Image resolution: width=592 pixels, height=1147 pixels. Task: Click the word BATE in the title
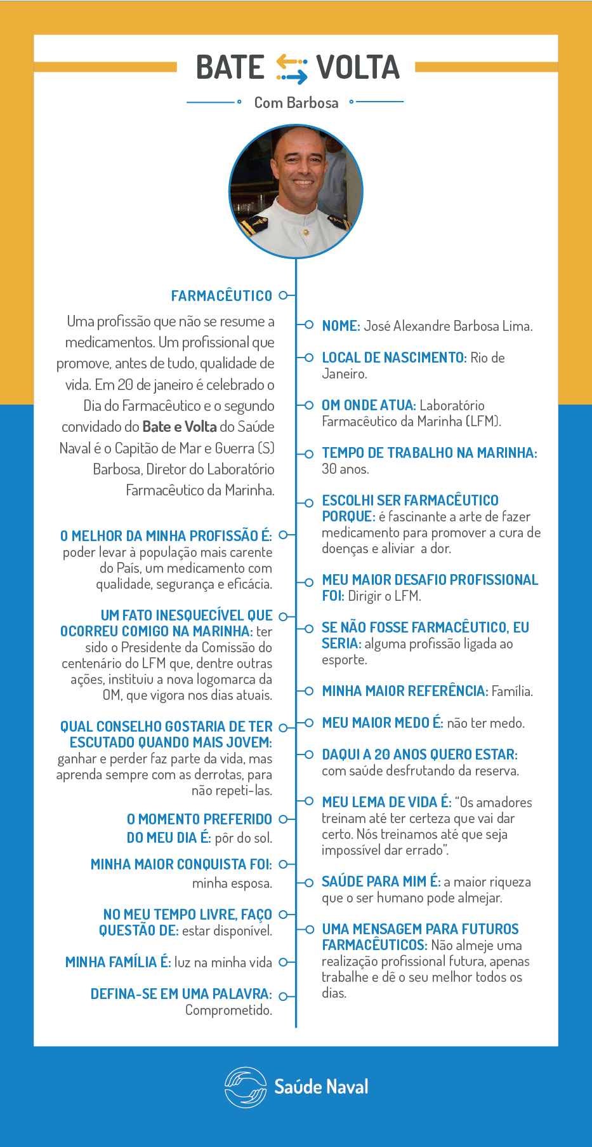click(x=230, y=67)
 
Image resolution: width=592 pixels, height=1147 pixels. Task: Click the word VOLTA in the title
click(x=358, y=67)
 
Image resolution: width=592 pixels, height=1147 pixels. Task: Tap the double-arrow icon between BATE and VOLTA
click(x=291, y=69)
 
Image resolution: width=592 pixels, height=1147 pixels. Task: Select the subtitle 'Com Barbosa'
click(x=296, y=103)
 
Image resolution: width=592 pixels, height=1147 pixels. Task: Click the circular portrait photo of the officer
click(x=296, y=191)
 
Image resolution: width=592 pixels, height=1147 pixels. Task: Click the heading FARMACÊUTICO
click(x=221, y=296)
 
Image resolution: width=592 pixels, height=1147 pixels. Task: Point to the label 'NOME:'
click(x=341, y=326)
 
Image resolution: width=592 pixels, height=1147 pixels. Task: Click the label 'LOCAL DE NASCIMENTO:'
click(x=394, y=358)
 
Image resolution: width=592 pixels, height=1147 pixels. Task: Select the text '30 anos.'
click(x=345, y=469)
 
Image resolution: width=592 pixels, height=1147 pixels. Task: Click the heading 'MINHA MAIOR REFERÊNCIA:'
click(x=405, y=691)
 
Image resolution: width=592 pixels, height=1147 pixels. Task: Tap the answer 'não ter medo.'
click(x=485, y=723)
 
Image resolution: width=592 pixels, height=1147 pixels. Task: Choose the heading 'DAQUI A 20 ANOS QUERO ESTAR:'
click(x=419, y=755)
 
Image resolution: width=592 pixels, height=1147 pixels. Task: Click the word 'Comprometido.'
click(x=228, y=1010)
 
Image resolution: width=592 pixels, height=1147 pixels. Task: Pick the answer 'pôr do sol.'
click(x=243, y=838)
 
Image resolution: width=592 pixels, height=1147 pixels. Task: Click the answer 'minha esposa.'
click(x=232, y=883)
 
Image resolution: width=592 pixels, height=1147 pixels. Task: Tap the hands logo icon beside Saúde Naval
click(x=245, y=1087)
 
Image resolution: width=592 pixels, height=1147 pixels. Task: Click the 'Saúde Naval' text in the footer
click(x=321, y=1087)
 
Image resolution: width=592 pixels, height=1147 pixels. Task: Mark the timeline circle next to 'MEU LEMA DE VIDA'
click(x=309, y=802)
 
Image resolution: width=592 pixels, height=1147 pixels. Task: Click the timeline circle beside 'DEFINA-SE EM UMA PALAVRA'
click(x=283, y=996)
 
